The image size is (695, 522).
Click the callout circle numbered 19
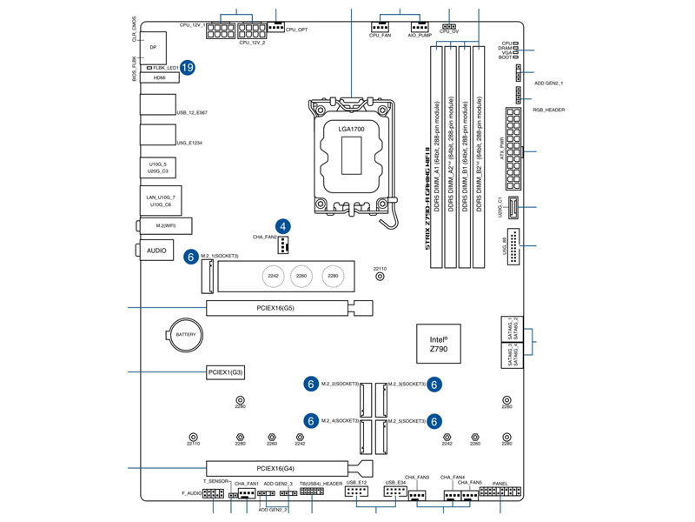tap(188, 67)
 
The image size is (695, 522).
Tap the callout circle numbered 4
tap(282, 226)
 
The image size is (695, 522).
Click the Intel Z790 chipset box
tap(438, 344)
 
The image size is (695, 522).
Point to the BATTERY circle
tap(185, 335)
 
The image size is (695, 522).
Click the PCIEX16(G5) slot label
tap(275, 308)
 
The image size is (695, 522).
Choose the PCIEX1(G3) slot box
tap(226, 372)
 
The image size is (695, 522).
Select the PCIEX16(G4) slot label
tap(275, 469)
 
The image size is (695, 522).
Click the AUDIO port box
tap(156, 251)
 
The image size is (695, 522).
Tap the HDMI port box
tap(159, 77)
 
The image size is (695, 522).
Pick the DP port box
tap(153, 47)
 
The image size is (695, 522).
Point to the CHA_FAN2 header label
tap(265, 237)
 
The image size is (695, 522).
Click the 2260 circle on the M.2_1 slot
tap(301, 277)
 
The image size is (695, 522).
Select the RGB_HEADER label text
tap(549, 110)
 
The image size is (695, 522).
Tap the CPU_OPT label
tap(296, 30)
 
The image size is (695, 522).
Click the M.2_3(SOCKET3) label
tap(407, 384)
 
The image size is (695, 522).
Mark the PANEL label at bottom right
tap(500, 484)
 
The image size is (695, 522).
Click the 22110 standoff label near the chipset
tap(380, 269)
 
